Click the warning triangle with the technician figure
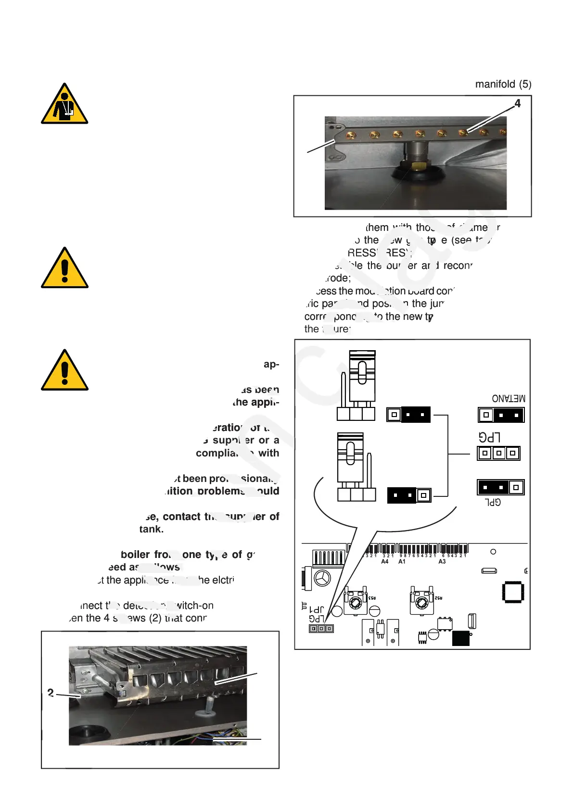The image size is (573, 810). (64, 104)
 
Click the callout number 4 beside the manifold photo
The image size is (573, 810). (517, 103)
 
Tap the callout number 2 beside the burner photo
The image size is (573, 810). (51, 693)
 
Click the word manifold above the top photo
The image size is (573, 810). (495, 84)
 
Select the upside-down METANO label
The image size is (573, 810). (509, 398)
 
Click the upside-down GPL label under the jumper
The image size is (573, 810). (493, 502)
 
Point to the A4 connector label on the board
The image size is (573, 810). (385, 561)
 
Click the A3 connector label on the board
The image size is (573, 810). (442, 561)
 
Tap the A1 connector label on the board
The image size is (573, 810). (402, 561)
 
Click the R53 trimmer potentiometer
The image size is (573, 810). (356, 602)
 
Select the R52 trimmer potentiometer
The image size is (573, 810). (422, 602)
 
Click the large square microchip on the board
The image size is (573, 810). (513, 592)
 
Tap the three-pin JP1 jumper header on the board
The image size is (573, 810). (321, 629)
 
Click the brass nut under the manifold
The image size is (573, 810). (415, 166)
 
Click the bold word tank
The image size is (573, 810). (151, 529)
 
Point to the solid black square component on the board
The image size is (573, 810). (460, 638)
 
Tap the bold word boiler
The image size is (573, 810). (135, 555)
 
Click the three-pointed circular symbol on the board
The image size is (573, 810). (322, 578)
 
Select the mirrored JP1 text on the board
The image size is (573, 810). (316, 609)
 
